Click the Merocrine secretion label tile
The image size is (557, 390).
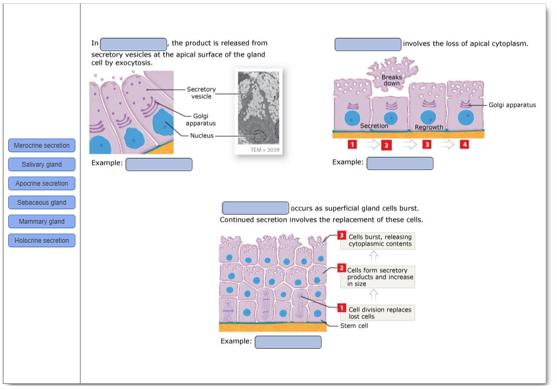pyautogui.click(x=42, y=146)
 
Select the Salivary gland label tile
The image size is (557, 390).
pyautogui.click(x=42, y=165)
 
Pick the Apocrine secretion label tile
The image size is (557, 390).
pyautogui.click(x=42, y=184)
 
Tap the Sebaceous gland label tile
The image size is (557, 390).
pyautogui.click(x=42, y=203)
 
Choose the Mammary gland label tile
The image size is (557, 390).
pyautogui.click(x=42, y=222)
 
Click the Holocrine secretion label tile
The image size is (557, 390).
pyautogui.click(x=42, y=241)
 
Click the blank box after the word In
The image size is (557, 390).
pyautogui.click(x=134, y=45)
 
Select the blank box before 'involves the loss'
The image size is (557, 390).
pyautogui.click(x=368, y=45)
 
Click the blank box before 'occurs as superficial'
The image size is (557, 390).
pyautogui.click(x=255, y=208)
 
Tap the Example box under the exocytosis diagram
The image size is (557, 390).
pyautogui.click(x=159, y=165)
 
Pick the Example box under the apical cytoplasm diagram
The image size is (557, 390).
pyautogui.click(x=400, y=163)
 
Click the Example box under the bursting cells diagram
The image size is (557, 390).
pyautogui.click(x=288, y=342)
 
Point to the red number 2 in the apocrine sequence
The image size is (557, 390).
pyautogui.click(x=386, y=145)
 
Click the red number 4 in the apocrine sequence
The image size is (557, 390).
pyautogui.click(x=465, y=144)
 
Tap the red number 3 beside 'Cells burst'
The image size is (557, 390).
pyautogui.click(x=341, y=236)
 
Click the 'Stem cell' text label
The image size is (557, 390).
pyautogui.click(x=354, y=326)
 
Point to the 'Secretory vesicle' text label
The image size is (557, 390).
pyautogui.click(x=201, y=93)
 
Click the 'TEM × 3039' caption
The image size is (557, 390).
pyautogui.click(x=265, y=150)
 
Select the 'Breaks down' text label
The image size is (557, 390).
pyautogui.click(x=391, y=80)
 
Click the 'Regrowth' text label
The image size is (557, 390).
pyautogui.click(x=429, y=127)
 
